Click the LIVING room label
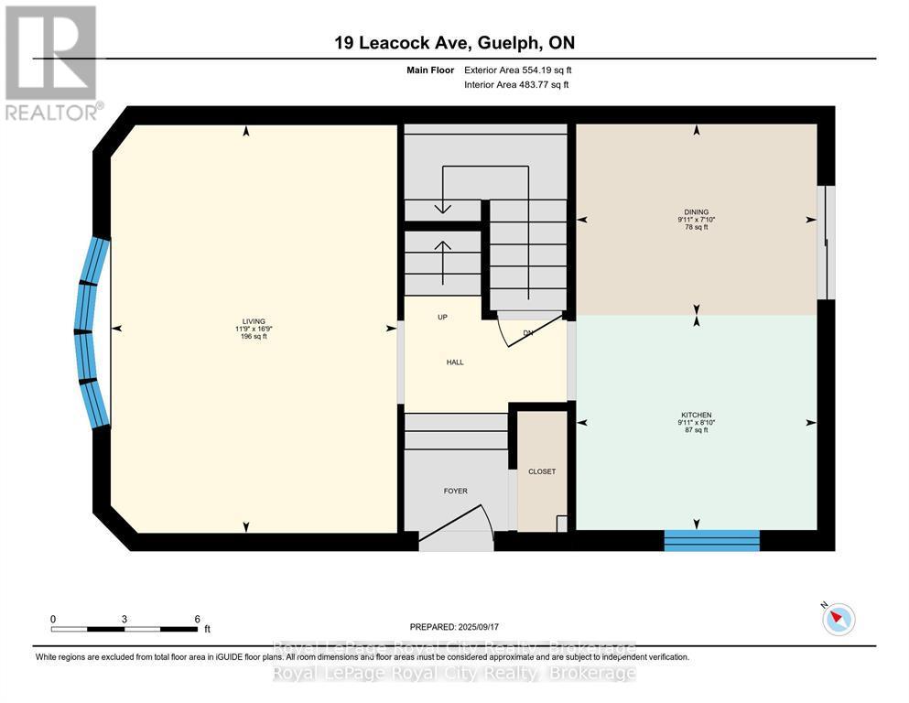click(247, 321)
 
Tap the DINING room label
click(696, 212)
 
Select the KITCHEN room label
click(696, 415)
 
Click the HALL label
click(455, 362)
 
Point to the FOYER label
click(455, 492)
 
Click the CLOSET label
click(541, 472)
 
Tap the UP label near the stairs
click(442, 318)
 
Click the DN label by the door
click(528, 333)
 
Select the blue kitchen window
click(711, 540)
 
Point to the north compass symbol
click(837, 620)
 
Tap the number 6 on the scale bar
click(197, 619)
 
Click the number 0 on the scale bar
click(53, 619)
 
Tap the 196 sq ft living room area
click(247, 337)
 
